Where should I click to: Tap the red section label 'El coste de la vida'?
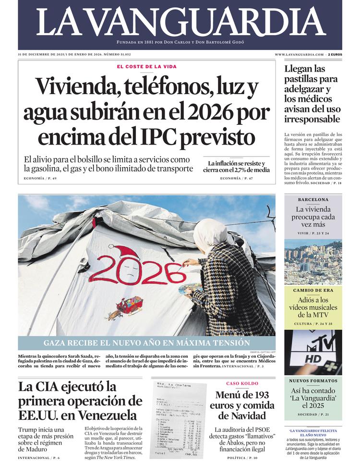pos(146,66)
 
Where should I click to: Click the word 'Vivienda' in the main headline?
pos(71,87)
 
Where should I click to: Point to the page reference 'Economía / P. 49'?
pos(40,179)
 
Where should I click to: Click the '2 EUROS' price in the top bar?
pos(335,55)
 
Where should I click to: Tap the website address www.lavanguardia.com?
pos(300,55)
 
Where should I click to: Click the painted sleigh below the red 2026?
pos(130,304)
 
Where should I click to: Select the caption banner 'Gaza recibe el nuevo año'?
pos(146,343)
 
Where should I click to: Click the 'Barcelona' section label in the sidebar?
pos(313,199)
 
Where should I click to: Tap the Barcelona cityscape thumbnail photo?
pos(313,262)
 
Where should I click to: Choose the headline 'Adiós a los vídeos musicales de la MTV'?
pos(313,307)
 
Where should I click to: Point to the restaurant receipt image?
pos(178,419)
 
